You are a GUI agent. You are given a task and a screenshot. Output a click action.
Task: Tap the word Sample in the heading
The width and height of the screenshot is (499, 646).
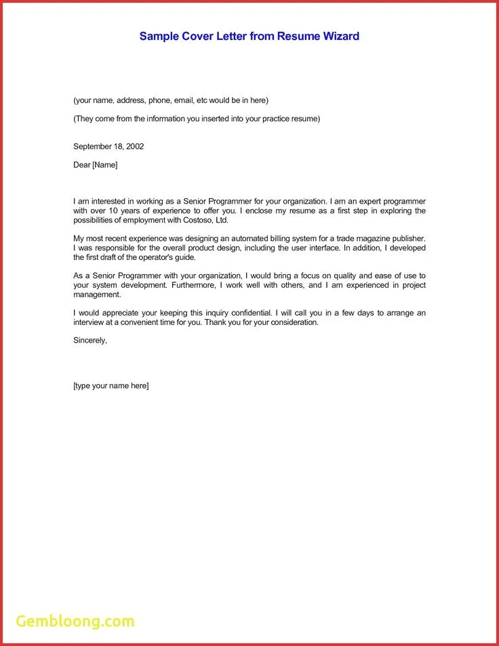(x=158, y=36)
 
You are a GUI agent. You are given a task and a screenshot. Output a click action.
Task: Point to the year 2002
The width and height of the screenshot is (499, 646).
(x=134, y=147)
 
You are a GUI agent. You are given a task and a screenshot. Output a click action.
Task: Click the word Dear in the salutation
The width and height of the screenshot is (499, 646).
(x=81, y=165)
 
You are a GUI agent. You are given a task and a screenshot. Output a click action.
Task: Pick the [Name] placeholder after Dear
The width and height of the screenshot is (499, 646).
(x=104, y=165)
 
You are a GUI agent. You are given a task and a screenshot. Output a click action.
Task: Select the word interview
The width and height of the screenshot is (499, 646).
(x=88, y=322)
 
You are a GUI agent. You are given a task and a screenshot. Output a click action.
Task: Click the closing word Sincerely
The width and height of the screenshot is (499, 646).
(x=90, y=340)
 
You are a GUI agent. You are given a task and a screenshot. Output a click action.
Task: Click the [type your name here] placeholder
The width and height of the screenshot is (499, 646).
(x=111, y=386)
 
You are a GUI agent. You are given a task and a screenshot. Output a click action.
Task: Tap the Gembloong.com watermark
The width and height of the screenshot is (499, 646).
(x=75, y=621)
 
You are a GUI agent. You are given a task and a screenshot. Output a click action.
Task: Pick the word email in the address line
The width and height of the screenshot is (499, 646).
(x=183, y=100)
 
